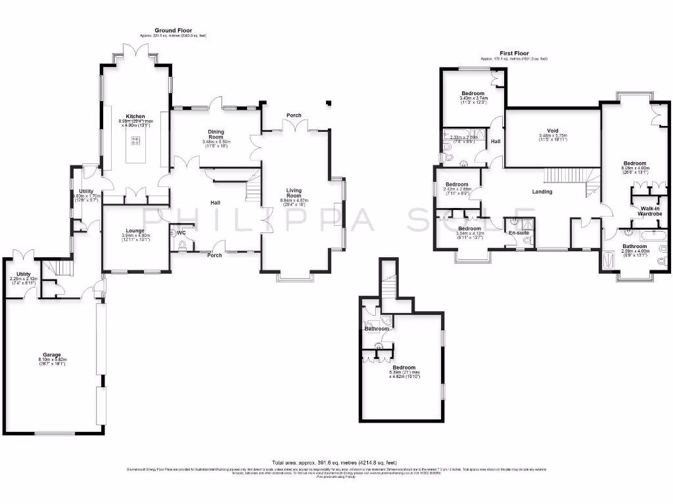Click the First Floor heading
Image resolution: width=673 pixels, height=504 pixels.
[513, 54]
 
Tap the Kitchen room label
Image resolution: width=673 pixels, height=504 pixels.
[135, 116]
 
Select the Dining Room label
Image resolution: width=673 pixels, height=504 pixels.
[216, 134]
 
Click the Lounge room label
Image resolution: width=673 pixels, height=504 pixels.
[135, 230]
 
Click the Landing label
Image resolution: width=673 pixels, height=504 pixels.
[542, 192]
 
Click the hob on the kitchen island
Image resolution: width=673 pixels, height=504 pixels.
[137, 140]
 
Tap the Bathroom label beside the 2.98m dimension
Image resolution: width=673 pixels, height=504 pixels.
[634, 247]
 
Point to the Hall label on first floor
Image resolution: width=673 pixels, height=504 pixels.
[495, 141]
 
